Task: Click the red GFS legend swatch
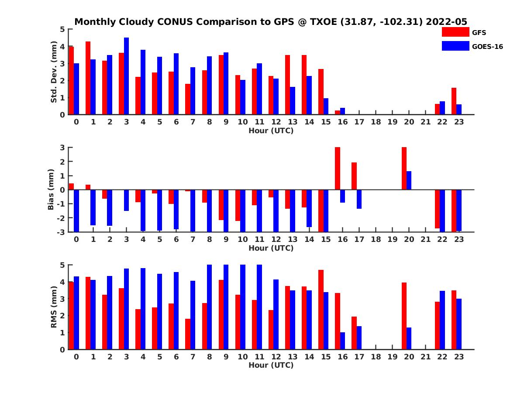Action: (455, 32)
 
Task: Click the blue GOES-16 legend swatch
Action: (455, 46)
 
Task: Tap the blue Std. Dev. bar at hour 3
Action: (127, 76)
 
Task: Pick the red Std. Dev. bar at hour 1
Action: (88, 78)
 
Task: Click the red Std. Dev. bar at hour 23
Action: (454, 101)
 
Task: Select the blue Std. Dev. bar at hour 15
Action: (326, 106)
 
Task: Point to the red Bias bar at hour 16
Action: (338, 168)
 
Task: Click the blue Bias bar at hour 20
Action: (409, 180)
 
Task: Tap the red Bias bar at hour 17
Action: (354, 176)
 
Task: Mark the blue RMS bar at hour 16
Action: (342, 341)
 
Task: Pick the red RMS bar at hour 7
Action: (188, 334)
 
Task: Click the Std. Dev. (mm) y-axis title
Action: (54, 72)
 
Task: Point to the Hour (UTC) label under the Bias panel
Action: (271, 248)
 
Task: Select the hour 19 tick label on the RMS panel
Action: (392, 356)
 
